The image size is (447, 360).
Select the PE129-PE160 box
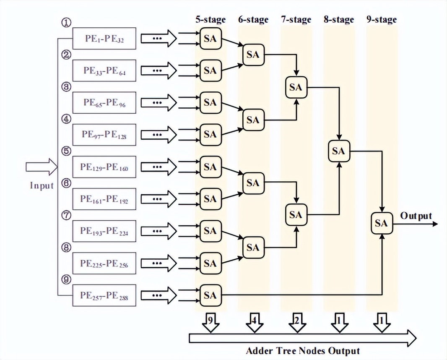click(x=104, y=167)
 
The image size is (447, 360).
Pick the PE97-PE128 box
click(x=104, y=135)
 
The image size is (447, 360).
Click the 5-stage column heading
click(x=211, y=19)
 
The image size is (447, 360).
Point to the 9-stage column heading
click(x=381, y=19)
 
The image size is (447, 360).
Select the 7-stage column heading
click(x=296, y=19)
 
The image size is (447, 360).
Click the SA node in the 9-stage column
click(x=381, y=224)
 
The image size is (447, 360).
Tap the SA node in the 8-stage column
click(x=338, y=151)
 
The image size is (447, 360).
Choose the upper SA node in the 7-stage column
click(x=296, y=87)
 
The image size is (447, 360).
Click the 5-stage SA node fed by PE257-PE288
click(x=210, y=295)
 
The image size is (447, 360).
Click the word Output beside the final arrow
click(x=416, y=216)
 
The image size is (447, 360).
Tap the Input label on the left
click(x=42, y=185)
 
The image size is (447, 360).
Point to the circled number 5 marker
click(x=66, y=151)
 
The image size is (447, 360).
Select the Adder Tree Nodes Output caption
click(x=303, y=350)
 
